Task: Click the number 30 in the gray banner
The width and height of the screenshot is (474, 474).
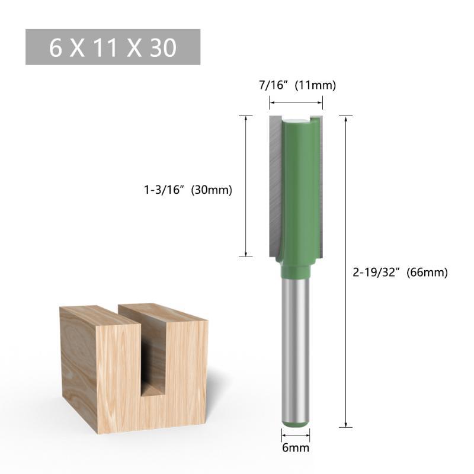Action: click(163, 48)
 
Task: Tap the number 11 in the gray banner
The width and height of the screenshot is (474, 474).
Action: click(105, 48)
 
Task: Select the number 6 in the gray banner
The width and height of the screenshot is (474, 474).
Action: click(55, 48)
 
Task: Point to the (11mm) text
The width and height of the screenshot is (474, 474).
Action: click(315, 85)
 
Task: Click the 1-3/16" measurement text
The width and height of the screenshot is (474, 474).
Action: click(164, 190)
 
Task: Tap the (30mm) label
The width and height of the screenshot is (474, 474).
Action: click(212, 190)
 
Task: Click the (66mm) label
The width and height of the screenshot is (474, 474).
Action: click(427, 273)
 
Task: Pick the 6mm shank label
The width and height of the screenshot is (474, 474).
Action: click(296, 448)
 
